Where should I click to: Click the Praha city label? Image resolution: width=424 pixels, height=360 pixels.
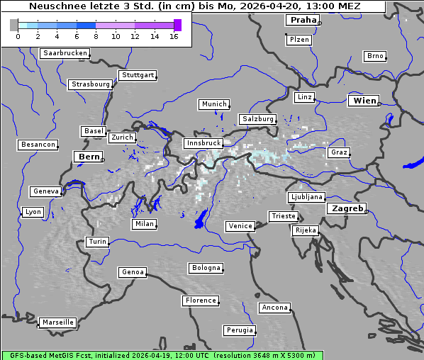(303, 20)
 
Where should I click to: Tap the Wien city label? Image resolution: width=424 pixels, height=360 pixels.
(364, 101)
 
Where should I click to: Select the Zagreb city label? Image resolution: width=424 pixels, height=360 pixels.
(347, 208)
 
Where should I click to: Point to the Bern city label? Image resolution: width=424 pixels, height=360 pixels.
(89, 156)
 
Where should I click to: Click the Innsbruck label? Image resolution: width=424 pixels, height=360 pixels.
(203, 143)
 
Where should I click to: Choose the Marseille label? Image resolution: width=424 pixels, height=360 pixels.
(57, 322)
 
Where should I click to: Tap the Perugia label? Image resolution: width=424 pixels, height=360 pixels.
(239, 330)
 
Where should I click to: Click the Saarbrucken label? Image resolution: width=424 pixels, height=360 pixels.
(65, 53)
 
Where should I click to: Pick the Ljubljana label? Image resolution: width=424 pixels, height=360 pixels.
(306, 197)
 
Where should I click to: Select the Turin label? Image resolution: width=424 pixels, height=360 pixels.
(97, 242)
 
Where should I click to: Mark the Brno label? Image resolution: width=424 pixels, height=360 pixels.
(374, 56)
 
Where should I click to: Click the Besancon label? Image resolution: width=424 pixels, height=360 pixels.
(38, 145)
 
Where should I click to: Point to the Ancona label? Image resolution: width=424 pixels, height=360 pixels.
(274, 308)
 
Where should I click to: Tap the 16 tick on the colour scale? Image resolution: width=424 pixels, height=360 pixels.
(174, 35)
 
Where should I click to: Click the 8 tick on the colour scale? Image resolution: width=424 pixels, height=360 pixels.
(96, 35)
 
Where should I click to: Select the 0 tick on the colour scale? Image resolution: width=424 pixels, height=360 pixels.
(18, 35)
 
